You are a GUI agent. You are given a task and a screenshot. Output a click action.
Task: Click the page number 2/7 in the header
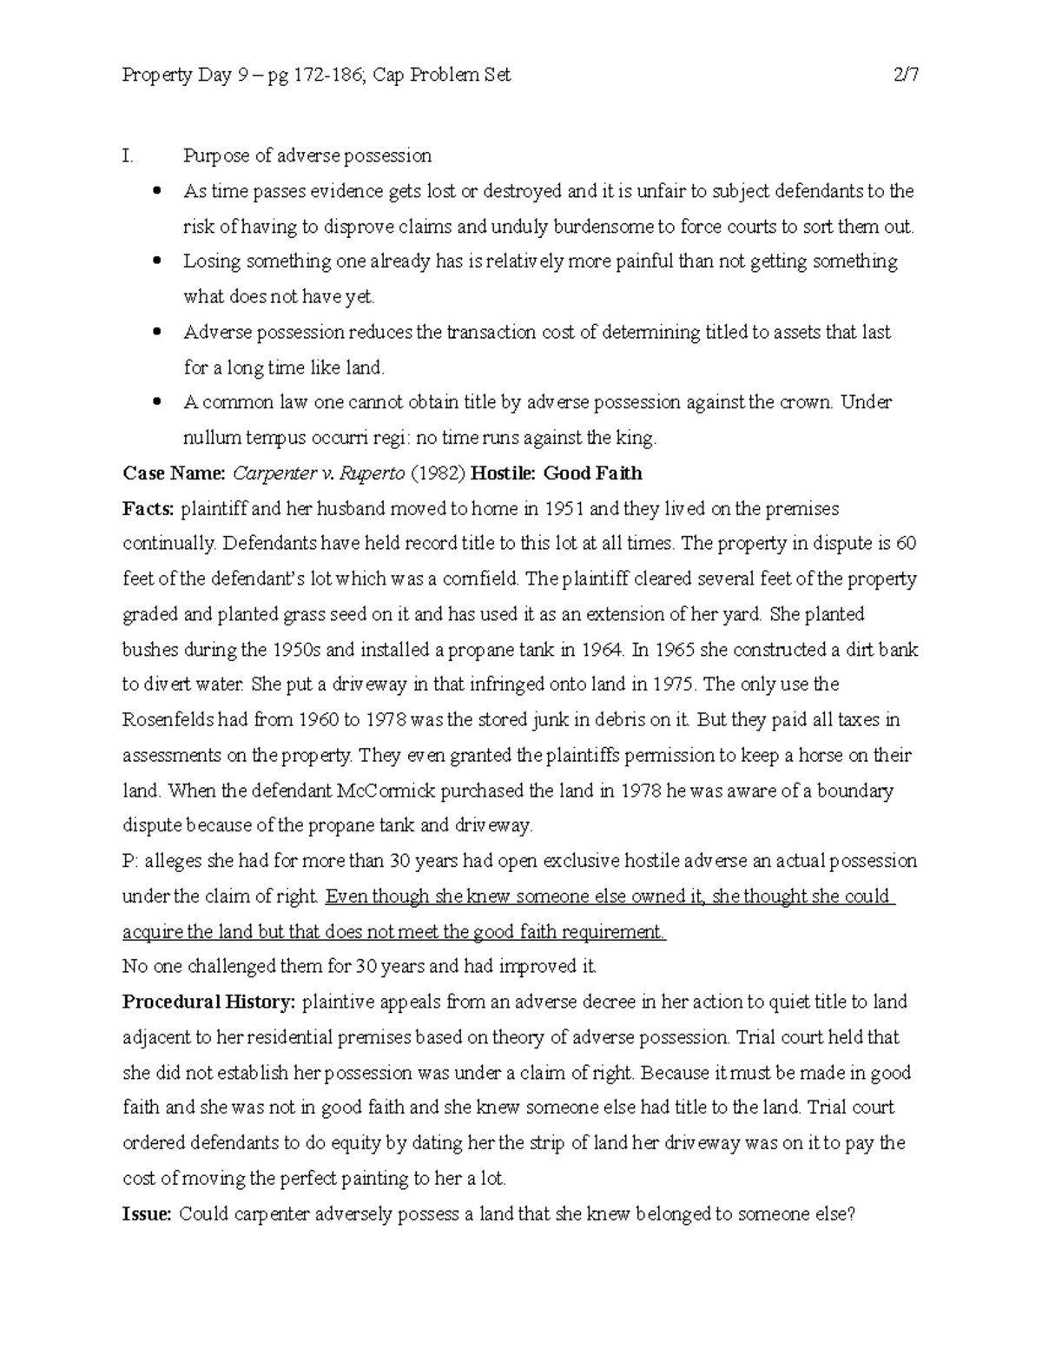[x=906, y=76]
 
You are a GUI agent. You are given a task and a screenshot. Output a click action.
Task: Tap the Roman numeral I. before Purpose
[x=128, y=156]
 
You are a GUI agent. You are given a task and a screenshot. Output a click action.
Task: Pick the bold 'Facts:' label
[x=148, y=509]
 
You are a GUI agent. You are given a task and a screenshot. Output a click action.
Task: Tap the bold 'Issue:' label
[x=147, y=1214]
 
